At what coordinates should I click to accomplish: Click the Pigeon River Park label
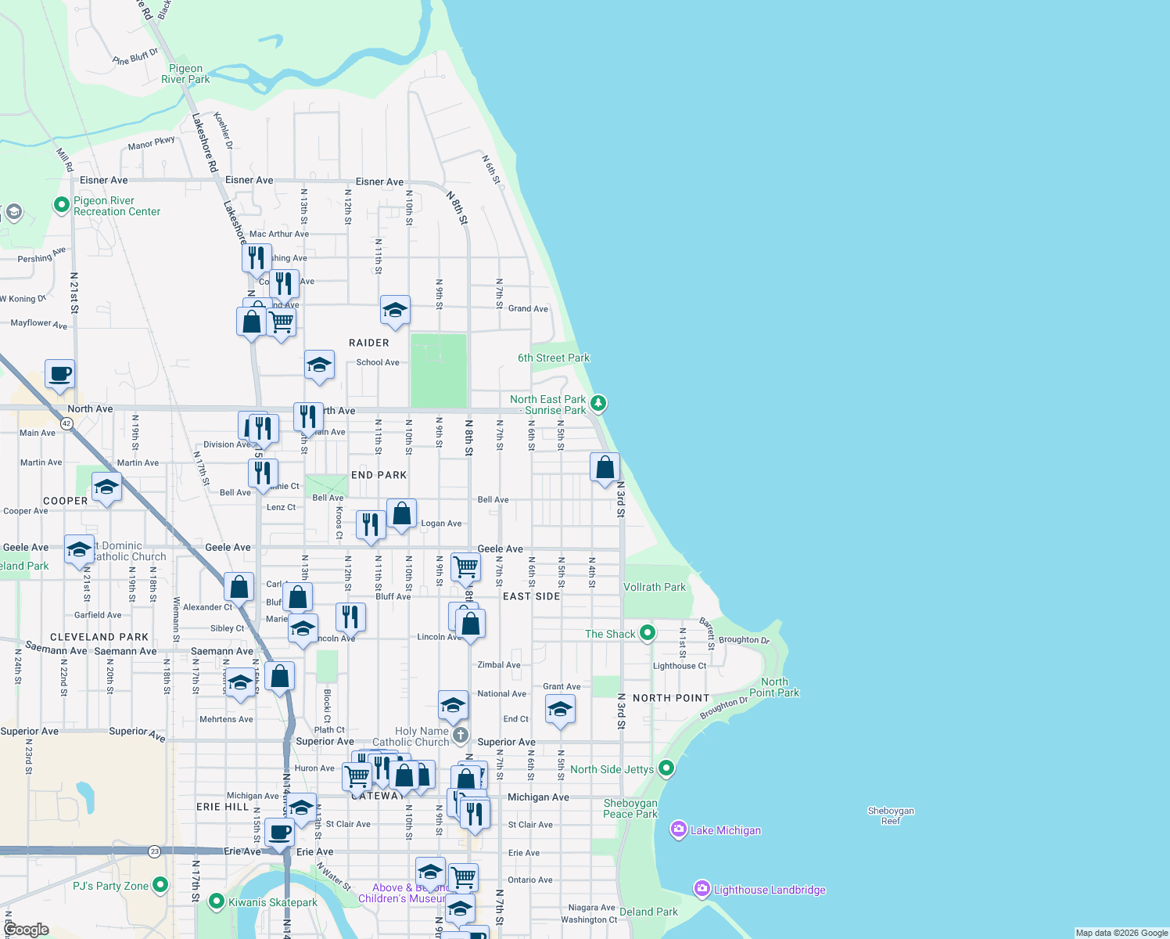coord(185,74)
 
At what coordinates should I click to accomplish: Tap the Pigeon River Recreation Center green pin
coord(62,205)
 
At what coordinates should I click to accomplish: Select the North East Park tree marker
coord(598,404)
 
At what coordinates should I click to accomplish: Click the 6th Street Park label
coord(554,358)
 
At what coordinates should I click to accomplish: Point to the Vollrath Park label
coord(654,587)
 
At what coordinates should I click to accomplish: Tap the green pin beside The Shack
coord(647,633)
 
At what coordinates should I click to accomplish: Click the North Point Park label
coord(774,687)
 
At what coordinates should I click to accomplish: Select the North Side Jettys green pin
coord(666,768)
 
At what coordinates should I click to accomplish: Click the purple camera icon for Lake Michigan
coord(679,830)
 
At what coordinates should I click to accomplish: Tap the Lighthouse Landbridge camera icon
coord(702,889)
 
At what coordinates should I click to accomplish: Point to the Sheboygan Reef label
coord(891,816)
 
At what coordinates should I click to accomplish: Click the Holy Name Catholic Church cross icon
coord(461,735)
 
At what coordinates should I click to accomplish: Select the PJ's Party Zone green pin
coord(160,885)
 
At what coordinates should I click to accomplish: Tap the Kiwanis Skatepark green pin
coord(217,902)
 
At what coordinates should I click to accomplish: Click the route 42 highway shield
coord(66,424)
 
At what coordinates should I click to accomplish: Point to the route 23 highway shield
coord(155,851)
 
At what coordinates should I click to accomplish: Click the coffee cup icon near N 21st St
coord(59,374)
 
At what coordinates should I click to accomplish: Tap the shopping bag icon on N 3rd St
coord(605,468)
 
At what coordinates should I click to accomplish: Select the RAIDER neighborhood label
coord(368,343)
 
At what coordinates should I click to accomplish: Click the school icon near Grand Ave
coord(395,311)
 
